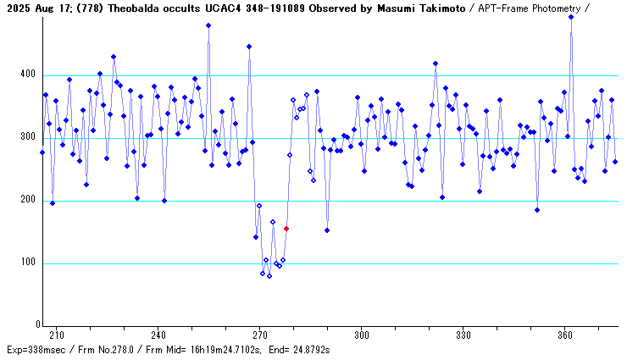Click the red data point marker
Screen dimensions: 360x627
tap(286, 229)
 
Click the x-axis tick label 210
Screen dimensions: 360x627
tap(56, 335)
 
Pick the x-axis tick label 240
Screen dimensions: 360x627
tap(158, 335)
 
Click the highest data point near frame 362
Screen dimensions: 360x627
tap(571, 16)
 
